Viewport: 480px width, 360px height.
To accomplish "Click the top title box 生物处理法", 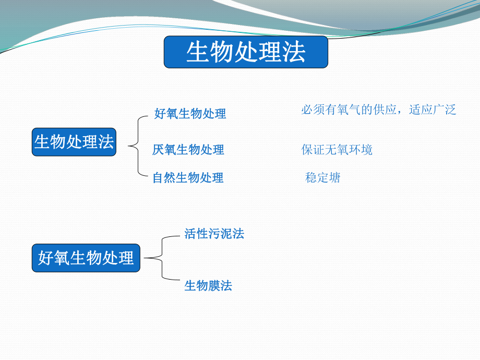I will tap(246, 52).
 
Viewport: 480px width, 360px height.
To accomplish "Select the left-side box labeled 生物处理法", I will tap(74, 142).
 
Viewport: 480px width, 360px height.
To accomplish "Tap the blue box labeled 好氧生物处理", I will tap(86, 258).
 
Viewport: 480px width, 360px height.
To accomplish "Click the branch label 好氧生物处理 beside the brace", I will tap(190, 114).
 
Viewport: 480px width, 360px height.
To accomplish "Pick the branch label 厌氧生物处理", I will tap(188, 150).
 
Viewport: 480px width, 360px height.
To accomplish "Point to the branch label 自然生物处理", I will tap(188, 178).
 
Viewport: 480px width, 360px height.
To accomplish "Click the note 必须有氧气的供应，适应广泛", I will tap(378, 110).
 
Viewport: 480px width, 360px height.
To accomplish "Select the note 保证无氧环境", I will tap(337, 150).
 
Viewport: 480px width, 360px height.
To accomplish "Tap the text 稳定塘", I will tap(322, 178).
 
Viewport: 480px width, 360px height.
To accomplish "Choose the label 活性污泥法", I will tap(214, 234).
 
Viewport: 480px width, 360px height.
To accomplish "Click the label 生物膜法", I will tap(208, 286).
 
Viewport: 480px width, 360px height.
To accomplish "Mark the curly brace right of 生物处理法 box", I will tap(135, 145).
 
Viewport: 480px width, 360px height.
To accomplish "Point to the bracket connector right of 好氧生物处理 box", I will tap(157, 258).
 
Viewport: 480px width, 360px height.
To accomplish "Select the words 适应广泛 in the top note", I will tap(433, 110).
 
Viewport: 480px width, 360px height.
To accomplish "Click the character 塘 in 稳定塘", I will tap(334, 178).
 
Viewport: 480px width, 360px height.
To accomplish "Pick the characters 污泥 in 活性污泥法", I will tap(220, 234).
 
